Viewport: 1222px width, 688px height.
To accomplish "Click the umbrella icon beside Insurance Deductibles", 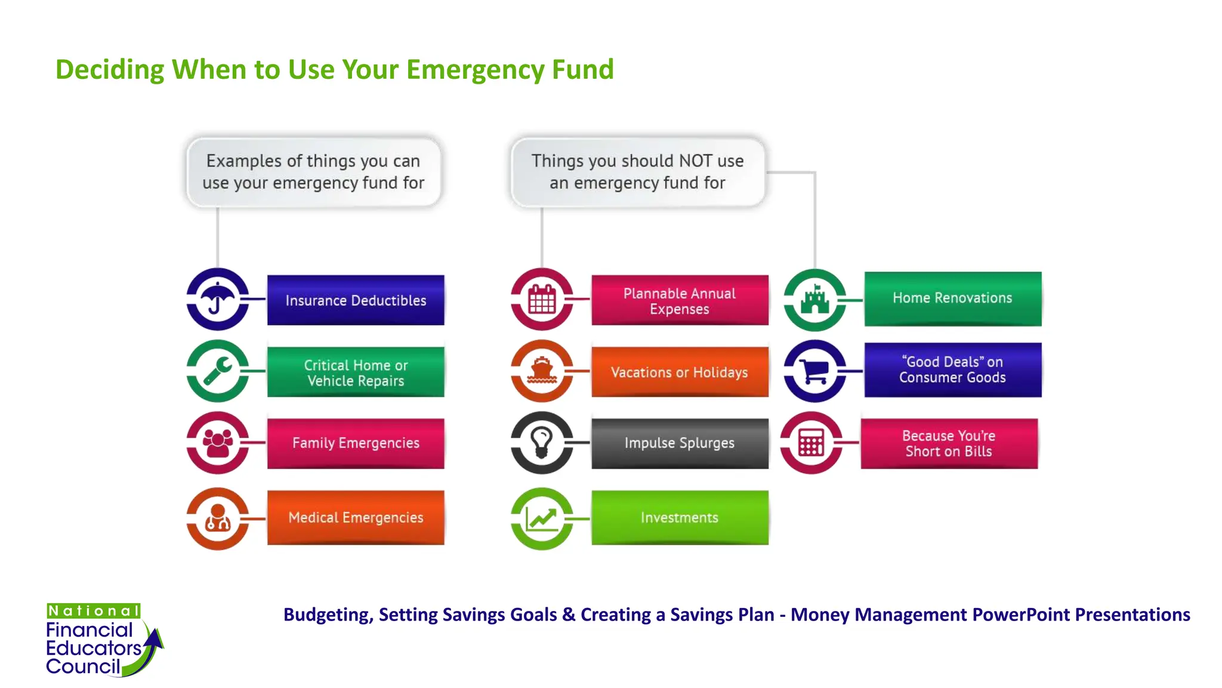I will point(217,299).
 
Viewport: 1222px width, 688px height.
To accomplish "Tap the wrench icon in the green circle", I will point(217,371).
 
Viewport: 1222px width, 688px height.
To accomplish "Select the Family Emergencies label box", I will point(356,443).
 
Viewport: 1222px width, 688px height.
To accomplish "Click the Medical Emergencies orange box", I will point(356,517).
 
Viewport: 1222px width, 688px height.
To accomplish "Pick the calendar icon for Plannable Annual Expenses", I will point(542,299).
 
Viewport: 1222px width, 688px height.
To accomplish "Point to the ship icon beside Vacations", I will point(542,371).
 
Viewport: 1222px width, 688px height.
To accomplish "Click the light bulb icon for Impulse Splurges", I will point(542,443).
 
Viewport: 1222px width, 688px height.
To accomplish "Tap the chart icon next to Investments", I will point(542,518).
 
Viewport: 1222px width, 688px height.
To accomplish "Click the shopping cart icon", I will point(814,371).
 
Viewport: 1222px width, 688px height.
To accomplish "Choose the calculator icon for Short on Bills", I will point(811,443).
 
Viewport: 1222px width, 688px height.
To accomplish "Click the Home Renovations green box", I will point(952,298).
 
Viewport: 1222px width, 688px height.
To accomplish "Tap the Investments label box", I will point(680,517).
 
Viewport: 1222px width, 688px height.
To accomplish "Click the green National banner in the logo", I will point(94,611).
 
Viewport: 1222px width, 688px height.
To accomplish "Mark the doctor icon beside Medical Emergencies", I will point(217,518).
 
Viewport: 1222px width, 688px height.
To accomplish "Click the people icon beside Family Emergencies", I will point(217,443).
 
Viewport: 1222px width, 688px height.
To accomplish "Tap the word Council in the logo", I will point(83,666).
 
